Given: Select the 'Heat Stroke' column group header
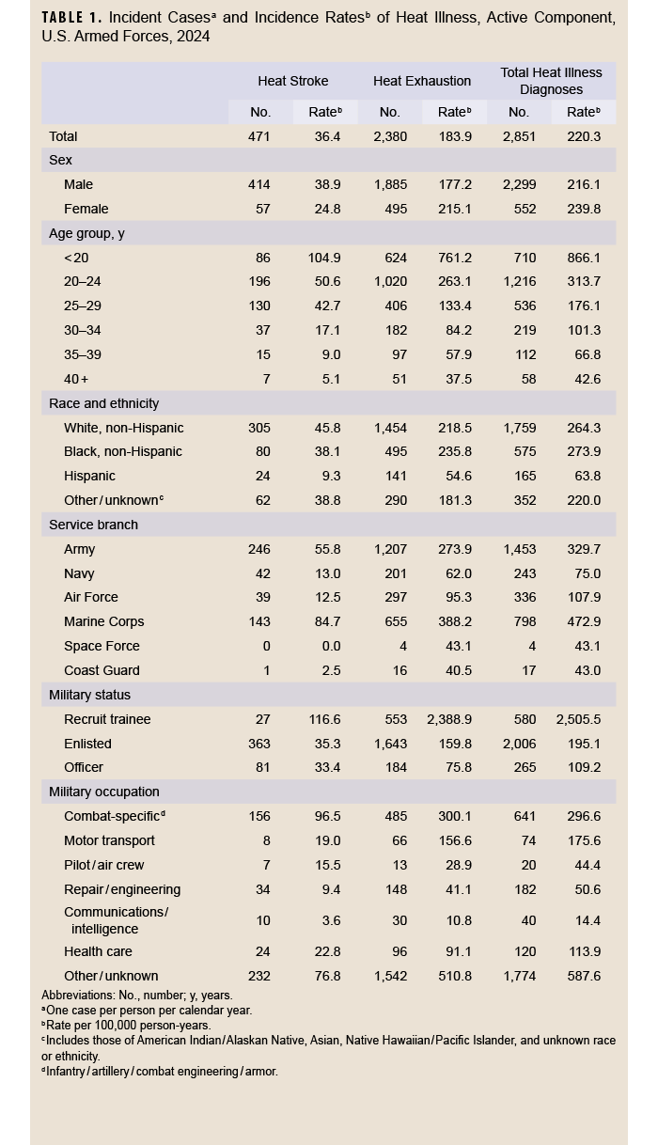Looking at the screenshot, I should [x=292, y=81].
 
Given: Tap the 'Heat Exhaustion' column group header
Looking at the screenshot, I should [x=422, y=81].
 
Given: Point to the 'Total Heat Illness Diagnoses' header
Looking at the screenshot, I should [x=552, y=81].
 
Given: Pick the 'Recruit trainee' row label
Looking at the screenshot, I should [x=107, y=719].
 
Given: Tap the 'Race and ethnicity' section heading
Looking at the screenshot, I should [x=103, y=403].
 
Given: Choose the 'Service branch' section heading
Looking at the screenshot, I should [x=93, y=525].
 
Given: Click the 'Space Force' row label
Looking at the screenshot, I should [x=102, y=646].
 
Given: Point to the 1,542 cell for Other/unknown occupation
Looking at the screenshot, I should [x=389, y=976].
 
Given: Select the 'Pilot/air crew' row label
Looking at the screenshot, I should [x=104, y=865].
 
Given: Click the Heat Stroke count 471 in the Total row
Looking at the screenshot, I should [x=258, y=136].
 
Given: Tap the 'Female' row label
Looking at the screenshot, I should [x=86, y=209].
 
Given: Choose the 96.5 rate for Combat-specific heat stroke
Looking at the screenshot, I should [x=326, y=816].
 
